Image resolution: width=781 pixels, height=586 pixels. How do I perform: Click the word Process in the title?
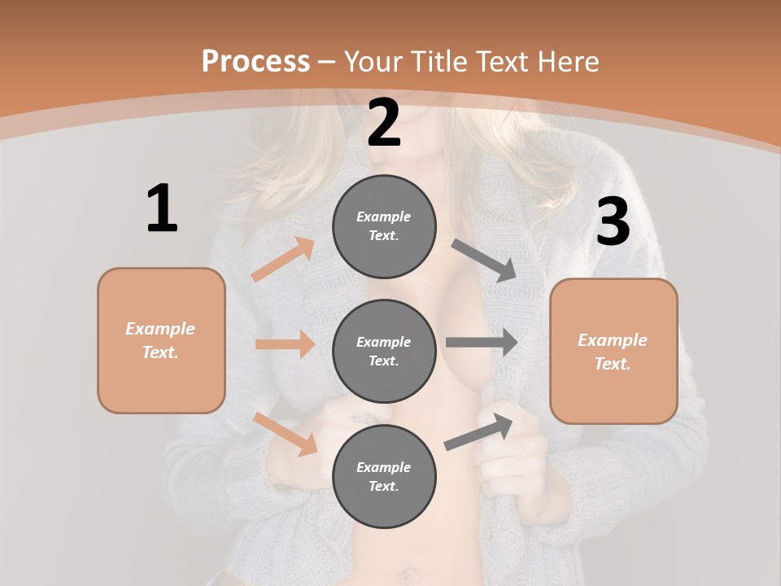coord(255,61)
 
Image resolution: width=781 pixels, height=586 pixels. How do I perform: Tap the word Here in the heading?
coord(566,61)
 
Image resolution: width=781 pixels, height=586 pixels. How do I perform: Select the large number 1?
coord(161,208)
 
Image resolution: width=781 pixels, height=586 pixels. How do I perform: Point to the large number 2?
coord(384,123)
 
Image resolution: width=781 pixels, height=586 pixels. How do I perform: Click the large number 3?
coord(613,221)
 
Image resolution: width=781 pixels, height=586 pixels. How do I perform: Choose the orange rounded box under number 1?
coord(161,340)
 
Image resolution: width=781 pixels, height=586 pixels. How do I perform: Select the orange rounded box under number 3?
coord(613,351)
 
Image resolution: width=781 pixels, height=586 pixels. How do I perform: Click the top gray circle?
coord(384,226)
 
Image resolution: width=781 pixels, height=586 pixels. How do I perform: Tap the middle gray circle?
coord(384,351)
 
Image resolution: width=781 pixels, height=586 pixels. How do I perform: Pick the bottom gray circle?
coord(384,476)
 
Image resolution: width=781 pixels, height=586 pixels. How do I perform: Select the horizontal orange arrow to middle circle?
coord(285,344)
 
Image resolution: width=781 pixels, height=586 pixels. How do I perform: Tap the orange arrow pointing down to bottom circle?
coord(285,434)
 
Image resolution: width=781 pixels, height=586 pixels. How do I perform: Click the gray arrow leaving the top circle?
coord(485,260)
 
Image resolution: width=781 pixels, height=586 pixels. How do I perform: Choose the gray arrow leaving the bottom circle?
coord(478,432)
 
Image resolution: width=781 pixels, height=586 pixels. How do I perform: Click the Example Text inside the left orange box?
coord(160,340)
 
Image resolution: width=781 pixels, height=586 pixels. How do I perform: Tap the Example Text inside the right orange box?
coord(613,352)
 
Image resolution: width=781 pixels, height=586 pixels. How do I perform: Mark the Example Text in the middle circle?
coord(384,351)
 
